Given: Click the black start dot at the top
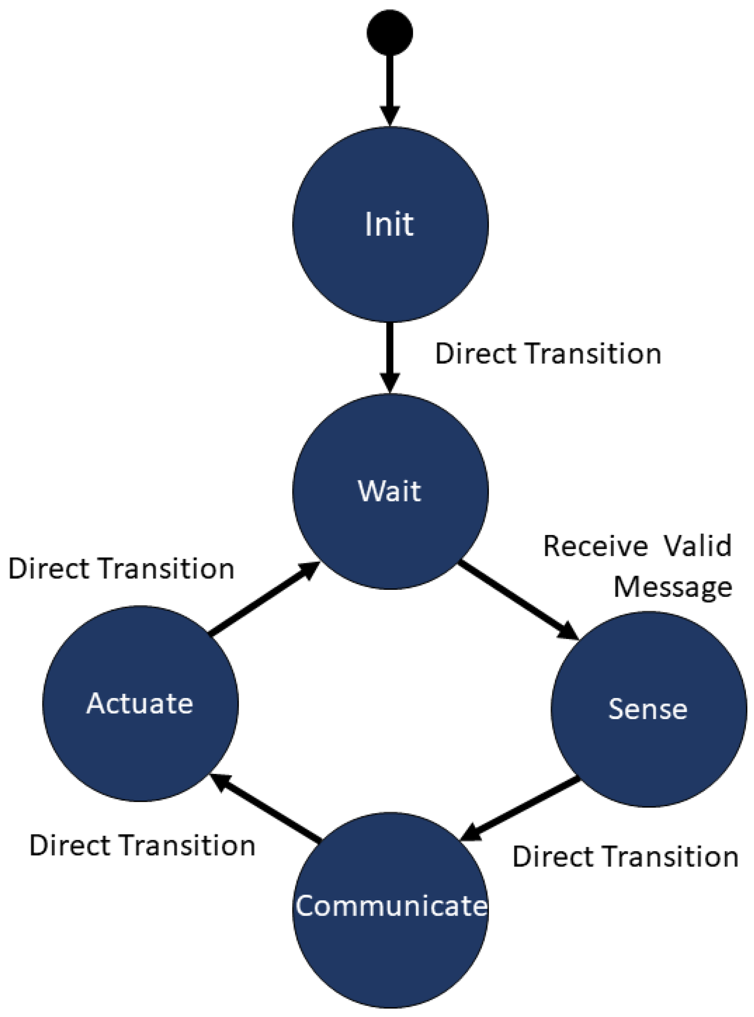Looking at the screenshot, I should tap(390, 32).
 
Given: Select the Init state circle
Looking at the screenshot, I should tap(390, 224).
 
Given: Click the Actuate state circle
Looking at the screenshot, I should tap(140, 703).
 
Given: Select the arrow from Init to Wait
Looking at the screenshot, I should tap(390, 356).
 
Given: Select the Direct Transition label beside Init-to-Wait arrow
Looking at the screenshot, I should tap(548, 354).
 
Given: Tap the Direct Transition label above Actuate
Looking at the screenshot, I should tap(121, 569).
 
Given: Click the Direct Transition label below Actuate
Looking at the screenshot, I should tap(142, 845).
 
